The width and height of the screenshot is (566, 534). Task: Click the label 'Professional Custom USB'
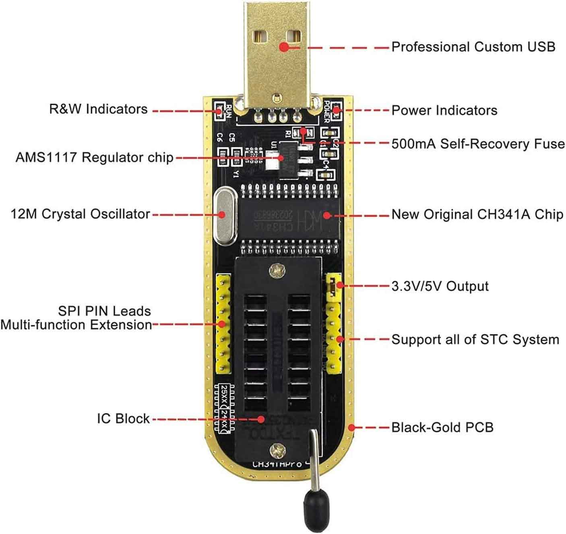pos(473,47)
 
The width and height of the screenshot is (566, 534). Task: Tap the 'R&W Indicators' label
pos(98,109)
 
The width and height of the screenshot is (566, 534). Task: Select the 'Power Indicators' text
pos(444,110)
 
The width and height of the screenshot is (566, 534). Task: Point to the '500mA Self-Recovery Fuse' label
pos(478,143)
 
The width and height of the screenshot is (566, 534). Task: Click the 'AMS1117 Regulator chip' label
pos(95,157)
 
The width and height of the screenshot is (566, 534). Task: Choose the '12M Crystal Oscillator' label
pos(81,214)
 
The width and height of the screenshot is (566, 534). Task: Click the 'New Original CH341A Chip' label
pos(477,214)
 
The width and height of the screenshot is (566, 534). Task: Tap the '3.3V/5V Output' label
pos(440,286)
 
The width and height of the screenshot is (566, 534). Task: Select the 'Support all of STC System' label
pos(475,339)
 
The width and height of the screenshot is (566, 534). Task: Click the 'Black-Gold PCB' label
pos(442,427)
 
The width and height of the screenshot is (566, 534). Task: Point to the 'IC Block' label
pos(123,418)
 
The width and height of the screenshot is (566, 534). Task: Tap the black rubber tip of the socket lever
pos(312,505)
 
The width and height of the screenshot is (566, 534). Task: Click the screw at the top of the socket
pos(277,269)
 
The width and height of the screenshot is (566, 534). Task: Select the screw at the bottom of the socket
pos(277,448)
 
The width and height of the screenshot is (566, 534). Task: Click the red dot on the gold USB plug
pos(284,47)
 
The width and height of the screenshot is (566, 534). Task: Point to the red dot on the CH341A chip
pos(327,215)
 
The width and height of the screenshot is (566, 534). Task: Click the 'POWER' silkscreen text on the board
pos(326,111)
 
